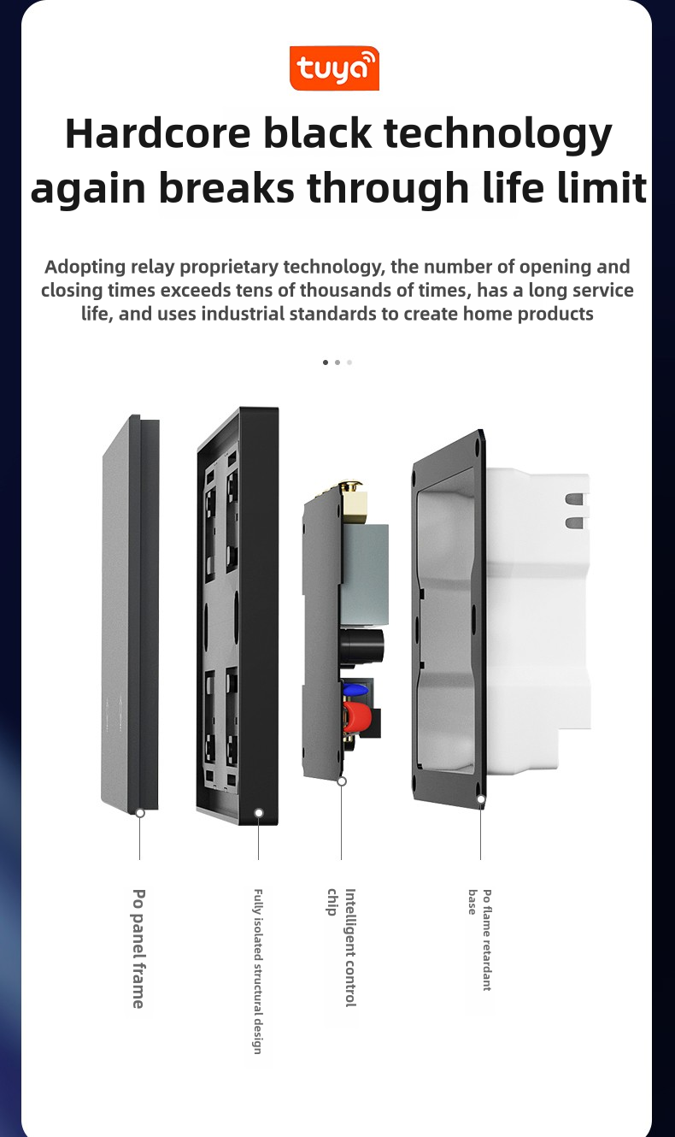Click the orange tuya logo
point(334,68)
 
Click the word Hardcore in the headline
point(158,133)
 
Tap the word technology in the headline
point(497,135)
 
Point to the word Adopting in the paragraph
point(85,267)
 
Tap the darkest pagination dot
point(326,362)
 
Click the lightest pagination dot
point(349,362)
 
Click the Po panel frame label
point(138,948)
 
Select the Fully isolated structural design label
point(258,970)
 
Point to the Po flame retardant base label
point(479,939)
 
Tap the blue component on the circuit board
point(355,689)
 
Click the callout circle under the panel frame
point(140,813)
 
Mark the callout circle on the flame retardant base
point(481,799)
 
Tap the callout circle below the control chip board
point(342,781)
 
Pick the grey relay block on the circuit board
point(364,574)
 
